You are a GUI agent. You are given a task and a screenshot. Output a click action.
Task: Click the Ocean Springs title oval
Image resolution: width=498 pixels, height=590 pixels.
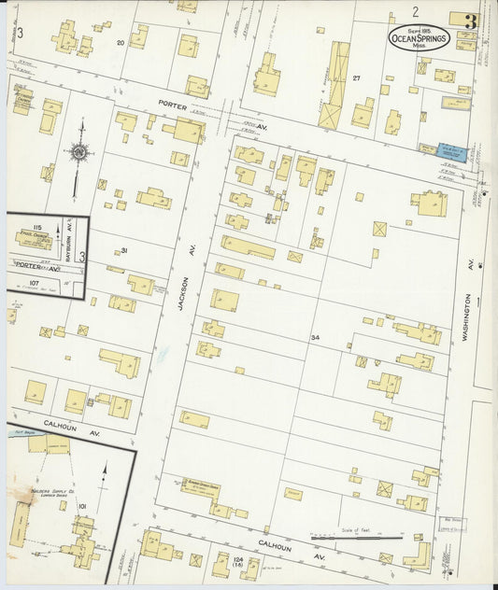click(420, 38)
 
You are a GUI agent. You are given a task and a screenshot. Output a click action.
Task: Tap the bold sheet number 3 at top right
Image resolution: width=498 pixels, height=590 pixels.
click(470, 21)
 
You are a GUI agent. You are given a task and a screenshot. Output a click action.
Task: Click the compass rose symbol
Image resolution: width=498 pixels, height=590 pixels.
click(79, 150)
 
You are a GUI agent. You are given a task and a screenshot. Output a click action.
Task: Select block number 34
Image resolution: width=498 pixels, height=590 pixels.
click(316, 337)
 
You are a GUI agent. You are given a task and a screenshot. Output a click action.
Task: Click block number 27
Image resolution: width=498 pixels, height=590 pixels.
click(356, 79)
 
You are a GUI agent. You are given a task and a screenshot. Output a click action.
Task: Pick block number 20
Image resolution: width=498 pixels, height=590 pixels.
click(120, 43)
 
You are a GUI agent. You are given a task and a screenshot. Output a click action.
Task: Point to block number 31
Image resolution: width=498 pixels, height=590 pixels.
click(123, 250)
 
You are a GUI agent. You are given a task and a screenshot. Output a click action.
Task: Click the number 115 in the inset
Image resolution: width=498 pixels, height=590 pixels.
click(38, 228)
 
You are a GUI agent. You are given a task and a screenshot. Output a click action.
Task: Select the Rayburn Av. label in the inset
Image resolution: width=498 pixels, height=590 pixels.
click(69, 233)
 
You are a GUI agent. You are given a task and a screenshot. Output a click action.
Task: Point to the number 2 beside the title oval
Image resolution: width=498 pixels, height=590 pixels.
click(415, 12)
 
